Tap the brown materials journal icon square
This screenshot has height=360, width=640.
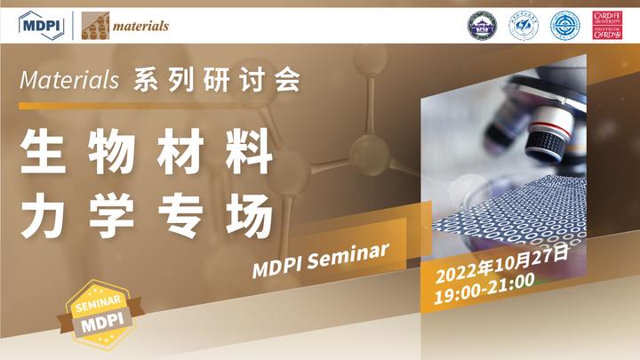tap(95, 26)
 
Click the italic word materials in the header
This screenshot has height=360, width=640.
tap(140, 26)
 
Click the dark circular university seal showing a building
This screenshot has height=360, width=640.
tap(481, 25)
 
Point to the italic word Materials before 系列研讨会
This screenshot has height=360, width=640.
tap(68, 81)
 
